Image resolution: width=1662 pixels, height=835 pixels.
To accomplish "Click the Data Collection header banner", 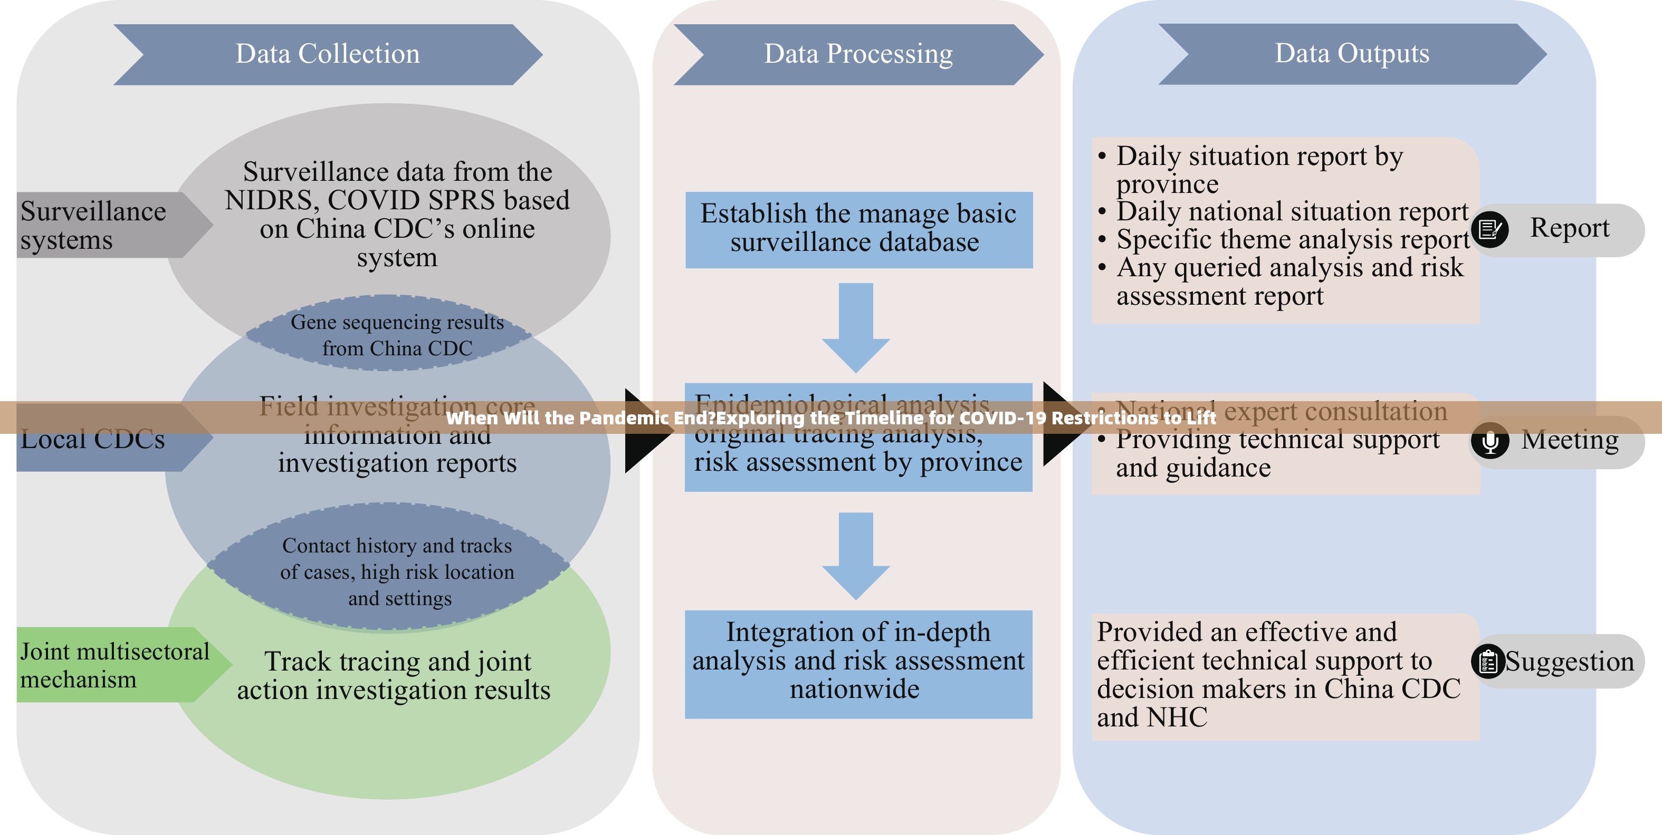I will pyautogui.click(x=328, y=54).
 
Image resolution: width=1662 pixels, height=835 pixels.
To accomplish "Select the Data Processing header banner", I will pyautogui.click(x=858, y=54).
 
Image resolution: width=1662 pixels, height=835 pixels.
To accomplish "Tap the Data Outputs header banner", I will pyautogui.click(x=1352, y=54).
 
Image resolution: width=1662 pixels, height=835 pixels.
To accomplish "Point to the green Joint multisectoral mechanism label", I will pyautogui.click(x=115, y=665).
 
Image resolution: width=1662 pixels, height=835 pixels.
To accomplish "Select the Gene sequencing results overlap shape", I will pyautogui.click(x=397, y=335).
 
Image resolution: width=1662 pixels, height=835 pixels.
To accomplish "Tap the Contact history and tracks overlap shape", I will pyautogui.click(x=397, y=571).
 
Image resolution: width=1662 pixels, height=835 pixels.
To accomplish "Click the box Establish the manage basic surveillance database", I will pyautogui.click(x=858, y=229).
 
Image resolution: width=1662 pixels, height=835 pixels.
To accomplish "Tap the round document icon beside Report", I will pyautogui.click(x=1490, y=229).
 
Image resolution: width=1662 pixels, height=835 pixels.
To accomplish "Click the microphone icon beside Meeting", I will pyautogui.click(x=1490, y=442).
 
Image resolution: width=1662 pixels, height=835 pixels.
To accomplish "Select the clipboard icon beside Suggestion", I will pyautogui.click(x=1488, y=662).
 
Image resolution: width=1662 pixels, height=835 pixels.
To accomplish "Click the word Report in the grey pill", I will pyautogui.click(x=1569, y=228).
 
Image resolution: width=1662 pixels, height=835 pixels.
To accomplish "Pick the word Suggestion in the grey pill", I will pyautogui.click(x=1569, y=662).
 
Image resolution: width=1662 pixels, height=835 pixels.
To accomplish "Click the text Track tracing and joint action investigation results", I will pyautogui.click(x=394, y=676).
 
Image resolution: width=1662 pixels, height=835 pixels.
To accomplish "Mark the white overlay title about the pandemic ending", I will pyautogui.click(x=831, y=418).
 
